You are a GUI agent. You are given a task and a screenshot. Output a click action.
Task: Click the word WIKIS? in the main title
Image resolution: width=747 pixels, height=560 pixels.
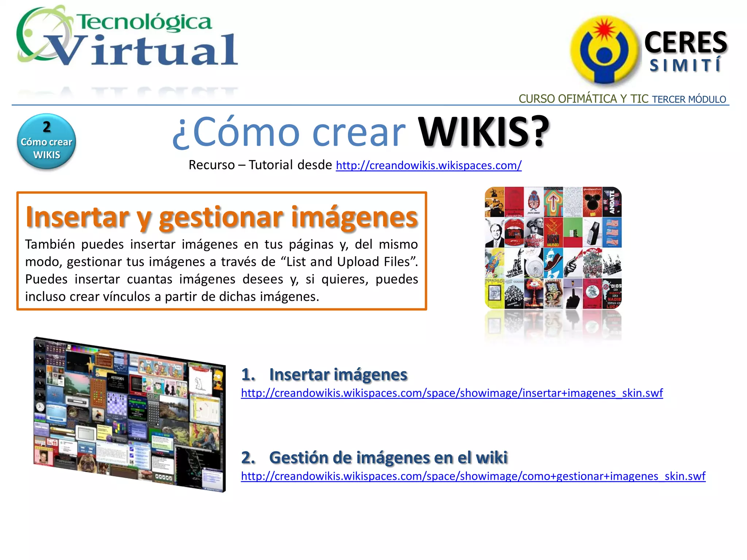(483, 132)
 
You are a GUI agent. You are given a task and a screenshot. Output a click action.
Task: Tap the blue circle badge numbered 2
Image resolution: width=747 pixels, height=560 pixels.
(46, 141)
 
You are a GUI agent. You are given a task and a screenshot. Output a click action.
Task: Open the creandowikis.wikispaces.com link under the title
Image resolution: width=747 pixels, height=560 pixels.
(429, 166)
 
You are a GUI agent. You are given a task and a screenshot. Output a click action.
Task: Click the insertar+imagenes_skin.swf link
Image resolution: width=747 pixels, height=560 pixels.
(452, 393)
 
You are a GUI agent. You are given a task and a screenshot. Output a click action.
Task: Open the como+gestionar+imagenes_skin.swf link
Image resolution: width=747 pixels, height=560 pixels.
(473, 476)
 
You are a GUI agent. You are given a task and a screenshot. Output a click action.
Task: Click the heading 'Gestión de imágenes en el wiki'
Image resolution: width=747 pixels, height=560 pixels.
(388, 458)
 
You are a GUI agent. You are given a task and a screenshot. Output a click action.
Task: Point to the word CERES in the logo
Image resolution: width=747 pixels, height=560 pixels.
(685, 43)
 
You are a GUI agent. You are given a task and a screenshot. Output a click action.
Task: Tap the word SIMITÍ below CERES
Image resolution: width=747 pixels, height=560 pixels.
(685, 66)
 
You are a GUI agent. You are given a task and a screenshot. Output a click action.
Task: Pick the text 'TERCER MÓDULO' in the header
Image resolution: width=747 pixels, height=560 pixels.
(689, 100)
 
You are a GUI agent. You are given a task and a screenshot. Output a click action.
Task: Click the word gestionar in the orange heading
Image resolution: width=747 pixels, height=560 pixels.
(220, 217)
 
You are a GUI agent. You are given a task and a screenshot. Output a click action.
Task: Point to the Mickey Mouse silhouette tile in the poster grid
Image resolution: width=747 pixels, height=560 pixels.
(592, 202)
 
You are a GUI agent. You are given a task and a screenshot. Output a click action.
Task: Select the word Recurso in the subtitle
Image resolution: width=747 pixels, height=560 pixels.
(212, 165)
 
